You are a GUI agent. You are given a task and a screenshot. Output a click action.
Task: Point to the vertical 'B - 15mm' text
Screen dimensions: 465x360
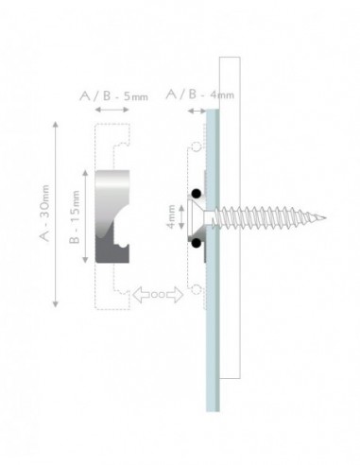click(x=75, y=215)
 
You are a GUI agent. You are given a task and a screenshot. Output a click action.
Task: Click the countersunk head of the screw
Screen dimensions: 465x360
click(x=202, y=218)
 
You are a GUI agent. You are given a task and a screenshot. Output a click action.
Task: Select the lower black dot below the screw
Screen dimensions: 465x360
click(x=196, y=244)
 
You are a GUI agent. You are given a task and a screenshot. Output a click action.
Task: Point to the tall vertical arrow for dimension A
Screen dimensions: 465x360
click(x=59, y=215)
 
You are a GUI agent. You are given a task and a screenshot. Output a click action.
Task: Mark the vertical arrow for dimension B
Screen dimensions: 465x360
click(x=88, y=215)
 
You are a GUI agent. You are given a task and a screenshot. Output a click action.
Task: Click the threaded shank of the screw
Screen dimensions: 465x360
click(x=274, y=219)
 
